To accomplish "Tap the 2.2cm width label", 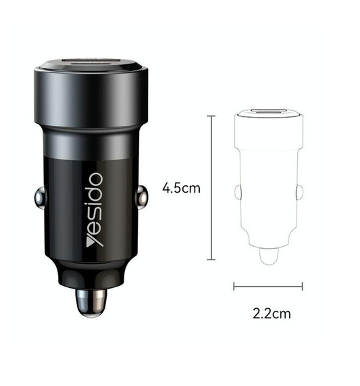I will (x=272, y=313).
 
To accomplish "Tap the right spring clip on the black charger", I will (x=143, y=199).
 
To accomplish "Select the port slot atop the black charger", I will (x=91, y=64).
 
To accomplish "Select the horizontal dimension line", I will (x=268, y=287).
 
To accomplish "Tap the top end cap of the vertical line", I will (x=213, y=116).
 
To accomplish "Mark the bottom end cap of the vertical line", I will (x=213, y=259).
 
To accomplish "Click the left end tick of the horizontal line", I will (x=234, y=287).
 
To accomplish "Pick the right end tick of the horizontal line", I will (x=302, y=287).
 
